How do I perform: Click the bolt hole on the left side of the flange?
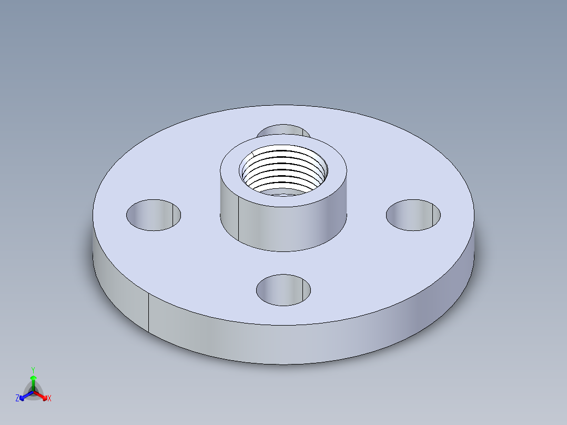point(154,215)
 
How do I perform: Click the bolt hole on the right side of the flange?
point(413,215)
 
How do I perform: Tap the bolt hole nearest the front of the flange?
point(283,290)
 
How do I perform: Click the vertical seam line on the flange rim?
point(148,313)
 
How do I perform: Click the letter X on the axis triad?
point(49,399)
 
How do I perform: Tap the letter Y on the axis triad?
point(33,370)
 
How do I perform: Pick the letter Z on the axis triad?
point(17,399)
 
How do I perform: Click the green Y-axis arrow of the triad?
point(33,380)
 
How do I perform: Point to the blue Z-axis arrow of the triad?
point(24,396)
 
